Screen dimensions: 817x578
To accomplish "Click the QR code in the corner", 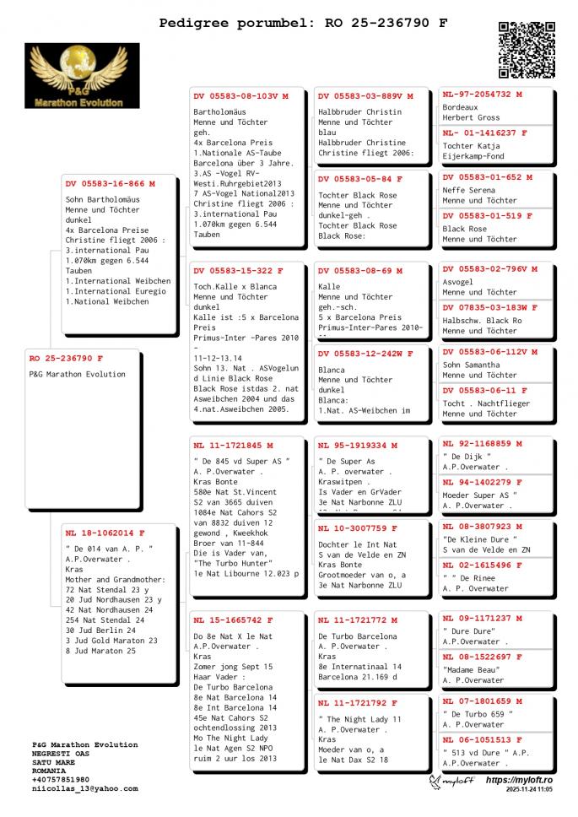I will tap(527, 50).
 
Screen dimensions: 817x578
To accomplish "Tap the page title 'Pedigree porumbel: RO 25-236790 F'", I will tap(304, 23).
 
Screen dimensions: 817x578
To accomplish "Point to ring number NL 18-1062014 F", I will tap(105, 533).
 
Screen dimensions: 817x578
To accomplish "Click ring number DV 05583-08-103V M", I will tap(240, 96).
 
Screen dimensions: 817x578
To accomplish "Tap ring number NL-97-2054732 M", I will tap(482, 95).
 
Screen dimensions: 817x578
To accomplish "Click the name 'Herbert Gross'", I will tap(471, 118).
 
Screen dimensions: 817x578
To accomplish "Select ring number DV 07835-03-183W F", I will tap(489, 307).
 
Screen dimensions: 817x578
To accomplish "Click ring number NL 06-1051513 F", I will tap(484, 739).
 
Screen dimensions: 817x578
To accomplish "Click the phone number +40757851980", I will tap(61, 779).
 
